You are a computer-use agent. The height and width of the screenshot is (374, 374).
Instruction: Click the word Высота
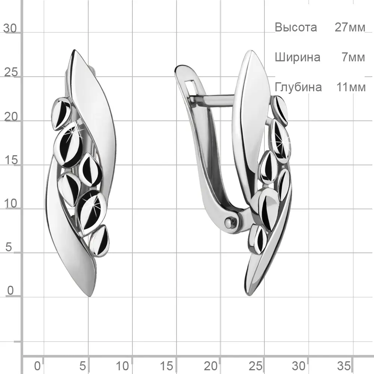[x=296, y=27]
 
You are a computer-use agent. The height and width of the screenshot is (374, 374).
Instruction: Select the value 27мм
[x=350, y=27]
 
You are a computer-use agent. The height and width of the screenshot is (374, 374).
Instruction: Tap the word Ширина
[x=297, y=58]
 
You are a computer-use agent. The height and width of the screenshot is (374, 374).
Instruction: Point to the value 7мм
[x=353, y=58]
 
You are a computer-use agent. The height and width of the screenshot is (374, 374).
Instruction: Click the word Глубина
[x=298, y=87]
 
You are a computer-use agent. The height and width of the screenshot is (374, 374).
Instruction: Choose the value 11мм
[x=351, y=87]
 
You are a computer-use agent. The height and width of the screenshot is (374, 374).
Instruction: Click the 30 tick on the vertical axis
[x=10, y=28]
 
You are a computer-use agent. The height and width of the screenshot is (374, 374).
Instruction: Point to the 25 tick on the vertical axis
[x=11, y=72]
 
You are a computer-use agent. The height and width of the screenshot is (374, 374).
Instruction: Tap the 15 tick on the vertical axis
[x=11, y=160]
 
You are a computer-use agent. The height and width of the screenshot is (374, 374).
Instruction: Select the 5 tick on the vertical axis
[x=9, y=247]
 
